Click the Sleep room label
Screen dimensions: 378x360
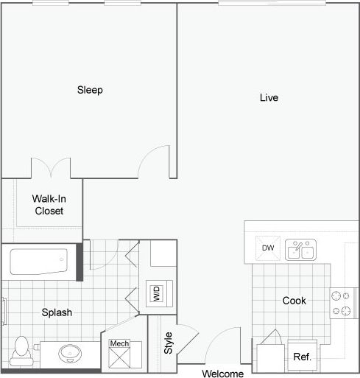pos(90,91)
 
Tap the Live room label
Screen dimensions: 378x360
pos(269,97)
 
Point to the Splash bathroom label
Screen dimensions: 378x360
pos(57,312)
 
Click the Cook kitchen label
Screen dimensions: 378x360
pos(294,301)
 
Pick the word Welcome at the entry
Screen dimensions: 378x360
pos(222,373)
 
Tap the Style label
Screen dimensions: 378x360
pos(168,343)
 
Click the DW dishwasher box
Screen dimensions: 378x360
pos(268,248)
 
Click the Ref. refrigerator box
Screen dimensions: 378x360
pos(302,356)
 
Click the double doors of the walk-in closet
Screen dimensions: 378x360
pos(52,167)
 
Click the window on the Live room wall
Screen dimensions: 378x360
pos(270,3)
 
